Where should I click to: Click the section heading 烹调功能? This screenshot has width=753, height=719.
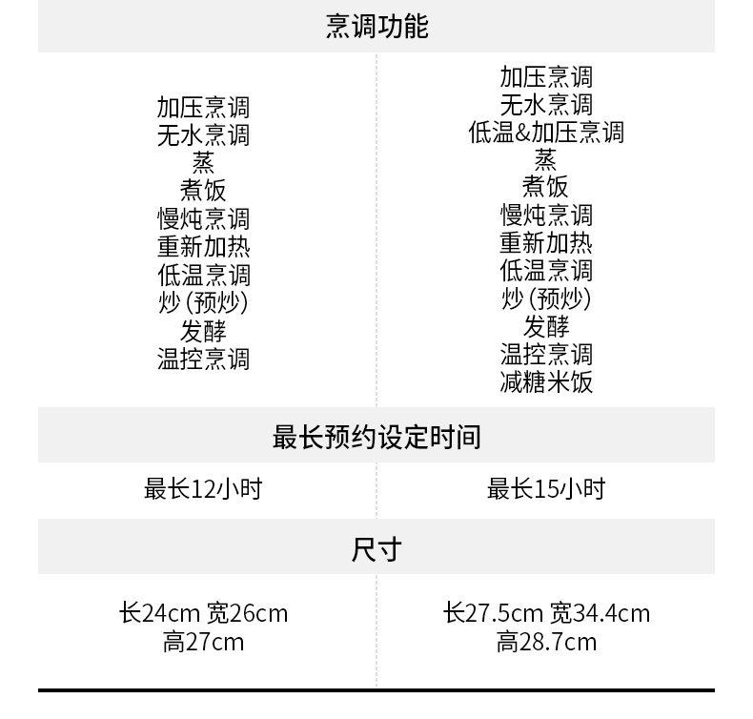point(376,26)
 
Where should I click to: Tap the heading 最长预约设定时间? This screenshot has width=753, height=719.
point(376,437)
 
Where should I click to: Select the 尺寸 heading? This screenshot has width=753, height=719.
point(376,549)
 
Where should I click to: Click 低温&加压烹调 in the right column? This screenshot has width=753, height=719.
point(546,132)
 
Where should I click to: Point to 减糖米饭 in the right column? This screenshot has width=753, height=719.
point(546,382)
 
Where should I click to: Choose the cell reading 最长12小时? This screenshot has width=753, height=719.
point(203,489)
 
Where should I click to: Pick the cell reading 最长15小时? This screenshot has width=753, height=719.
point(546,489)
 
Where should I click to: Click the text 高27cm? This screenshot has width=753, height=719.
point(203,642)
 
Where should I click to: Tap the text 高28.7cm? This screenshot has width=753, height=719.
point(546,642)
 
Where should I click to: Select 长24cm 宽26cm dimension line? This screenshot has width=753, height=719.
point(203,612)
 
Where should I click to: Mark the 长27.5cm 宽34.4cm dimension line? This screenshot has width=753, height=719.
point(546,612)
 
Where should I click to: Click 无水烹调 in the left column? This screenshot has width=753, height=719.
point(203,135)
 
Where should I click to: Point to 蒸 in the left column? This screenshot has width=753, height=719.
point(203,163)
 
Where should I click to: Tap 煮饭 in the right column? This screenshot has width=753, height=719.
point(546,187)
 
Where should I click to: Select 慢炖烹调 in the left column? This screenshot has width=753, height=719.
point(203,219)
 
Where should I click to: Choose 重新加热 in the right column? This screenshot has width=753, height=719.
point(546,243)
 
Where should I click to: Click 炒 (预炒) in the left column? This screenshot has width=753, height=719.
point(203,303)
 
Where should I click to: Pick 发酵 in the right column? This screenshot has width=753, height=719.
point(546,327)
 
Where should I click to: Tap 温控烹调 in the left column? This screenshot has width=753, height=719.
point(203,359)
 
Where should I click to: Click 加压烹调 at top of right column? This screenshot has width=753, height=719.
point(546,76)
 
